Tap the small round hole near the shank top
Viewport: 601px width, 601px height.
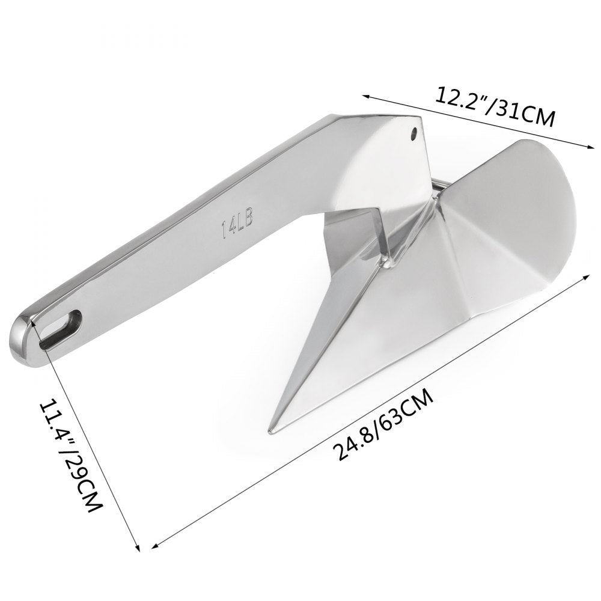(x=414, y=131)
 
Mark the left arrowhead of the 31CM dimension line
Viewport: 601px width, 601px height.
(x=364, y=94)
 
